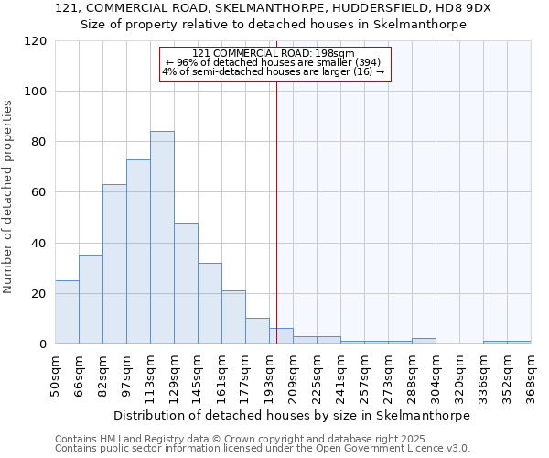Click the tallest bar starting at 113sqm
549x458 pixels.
click(x=162, y=238)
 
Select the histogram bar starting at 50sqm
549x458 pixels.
click(x=67, y=312)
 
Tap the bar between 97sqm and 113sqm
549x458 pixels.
click(x=138, y=252)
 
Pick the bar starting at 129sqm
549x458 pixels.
click(x=186, y=283)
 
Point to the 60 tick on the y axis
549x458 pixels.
click(x=39, y=192)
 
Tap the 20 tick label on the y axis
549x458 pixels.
click(x=39, y=294)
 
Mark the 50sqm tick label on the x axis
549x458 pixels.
click(x=56, y=375)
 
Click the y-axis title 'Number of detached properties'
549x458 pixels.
click(x=8, y=197)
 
